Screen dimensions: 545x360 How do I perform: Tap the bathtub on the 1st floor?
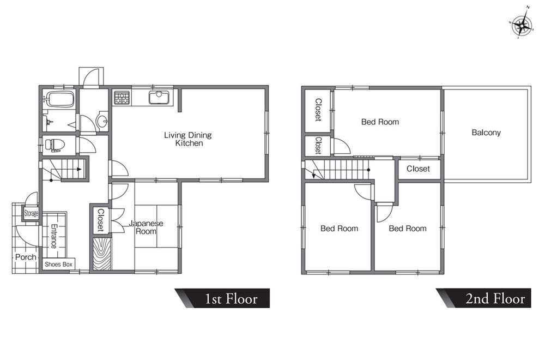click(x=60, y=99)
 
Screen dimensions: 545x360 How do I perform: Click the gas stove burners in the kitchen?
click(x=122, y=98)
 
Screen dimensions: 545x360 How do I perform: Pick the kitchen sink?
click(x=159, y=98)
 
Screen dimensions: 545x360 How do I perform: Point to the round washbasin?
click(x=102, y=122)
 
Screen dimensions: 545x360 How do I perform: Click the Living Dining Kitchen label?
click(x=188, y=139)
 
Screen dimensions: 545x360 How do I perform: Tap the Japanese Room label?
click(x=146, y=227)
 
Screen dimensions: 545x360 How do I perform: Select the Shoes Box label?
click(x=58, y=265)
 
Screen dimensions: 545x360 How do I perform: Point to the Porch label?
click(x=26, y=257)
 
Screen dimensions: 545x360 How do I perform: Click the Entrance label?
click(x=54, y=236)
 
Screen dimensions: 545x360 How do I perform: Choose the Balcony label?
click(x=486, y=133)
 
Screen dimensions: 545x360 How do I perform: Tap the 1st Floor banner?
click(x=222, y=298)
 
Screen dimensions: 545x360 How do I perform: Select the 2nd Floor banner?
click(x=484, y=298)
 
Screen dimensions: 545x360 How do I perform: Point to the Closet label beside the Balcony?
click(x=418, y=169)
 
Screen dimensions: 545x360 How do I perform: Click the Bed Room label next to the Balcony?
click(x=380, y=122)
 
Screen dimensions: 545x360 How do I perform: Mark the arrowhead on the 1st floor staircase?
click(x=79, y=170)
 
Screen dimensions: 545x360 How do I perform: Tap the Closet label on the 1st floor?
click(x=100, y=220)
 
